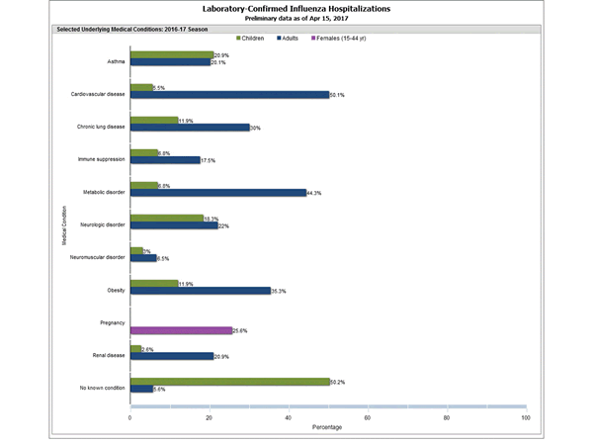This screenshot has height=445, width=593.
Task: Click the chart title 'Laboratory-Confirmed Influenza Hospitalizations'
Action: point(296,8)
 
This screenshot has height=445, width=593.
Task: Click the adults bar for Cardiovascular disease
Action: point(229,95)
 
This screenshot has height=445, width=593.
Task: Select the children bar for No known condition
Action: point(229,381)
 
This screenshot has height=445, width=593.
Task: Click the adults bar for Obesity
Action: point(200,291)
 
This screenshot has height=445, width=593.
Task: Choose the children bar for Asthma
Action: point(171,54)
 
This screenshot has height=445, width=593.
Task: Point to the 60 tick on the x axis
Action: point(368,417)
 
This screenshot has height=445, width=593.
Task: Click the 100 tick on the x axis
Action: point(525,417)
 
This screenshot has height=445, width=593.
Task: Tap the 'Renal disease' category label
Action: point(108,352)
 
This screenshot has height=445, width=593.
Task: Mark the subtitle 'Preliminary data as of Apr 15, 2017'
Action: point(296,19)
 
